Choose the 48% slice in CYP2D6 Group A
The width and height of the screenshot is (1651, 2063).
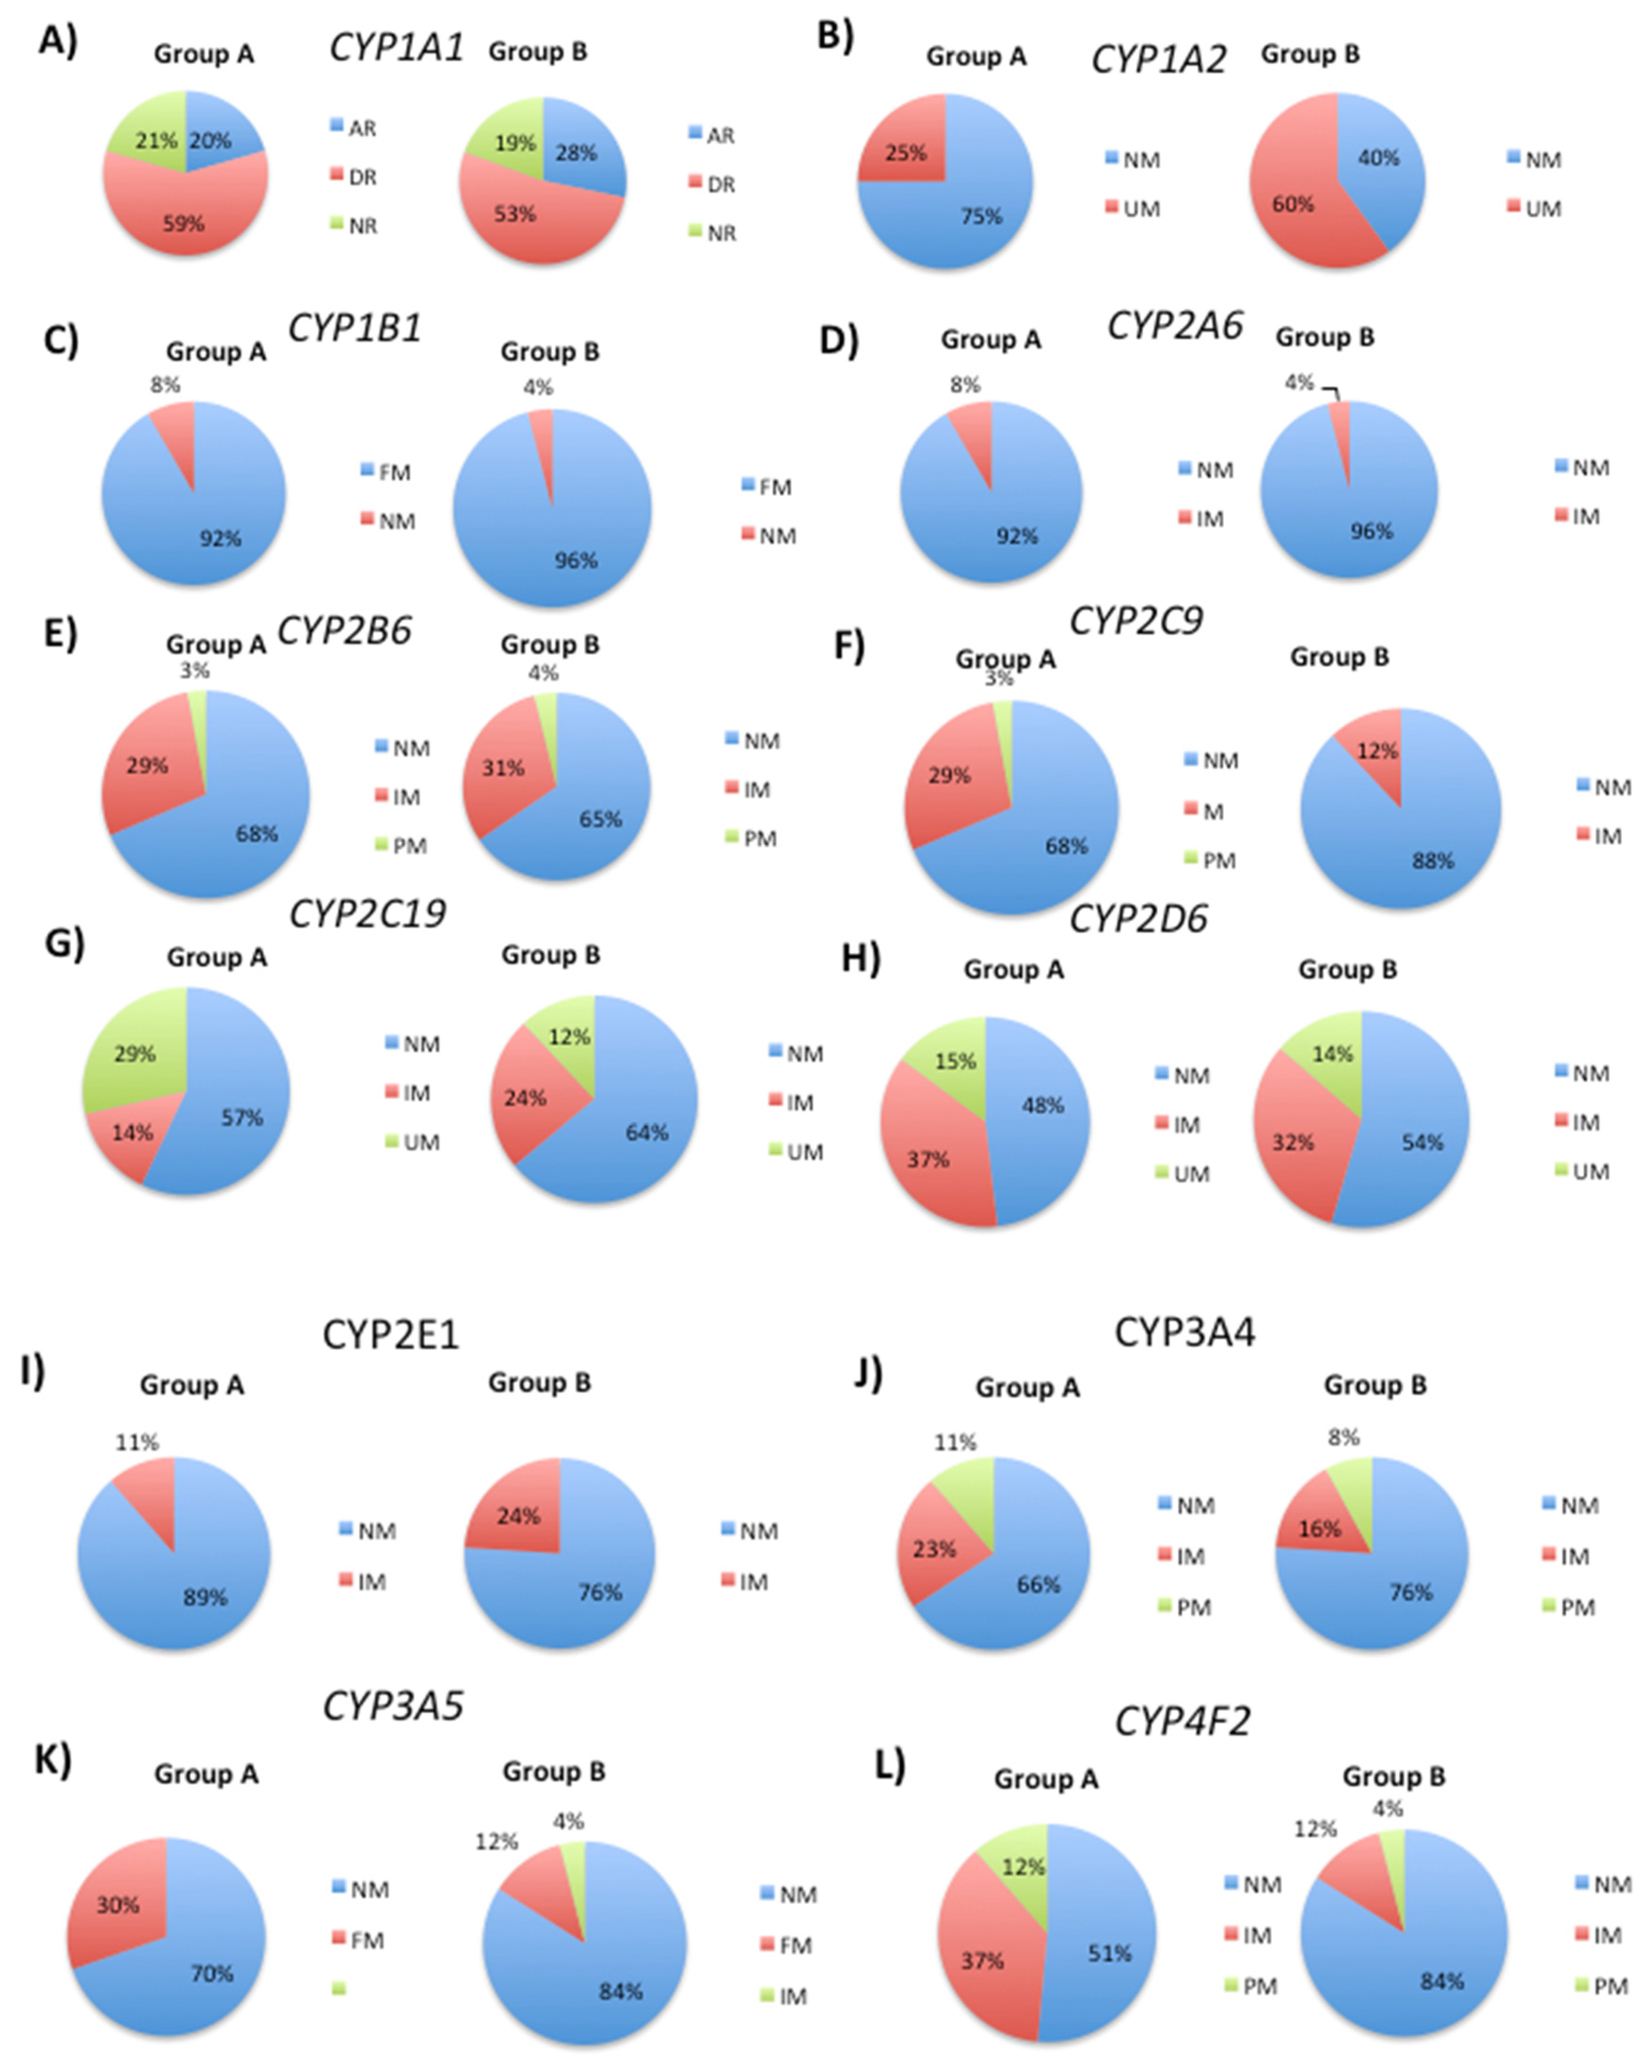click(x=1039, y=1110)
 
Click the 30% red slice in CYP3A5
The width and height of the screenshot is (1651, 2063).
click(x=118, y=1904)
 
